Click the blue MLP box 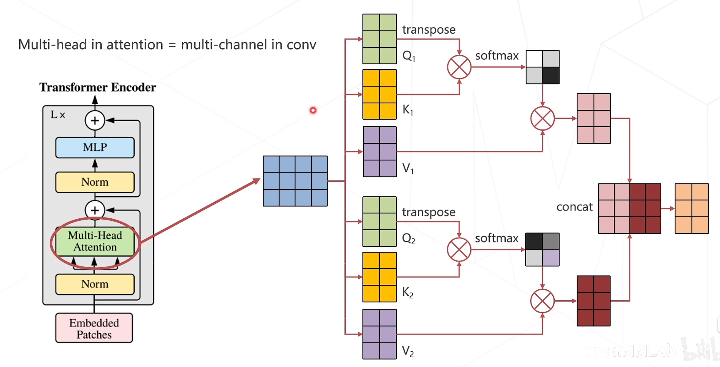tap(95, 147)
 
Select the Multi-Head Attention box tap(95, 241)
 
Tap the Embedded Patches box tap(94, 328)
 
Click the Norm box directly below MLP tap(95, 182)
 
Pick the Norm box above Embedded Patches tap(95, 284)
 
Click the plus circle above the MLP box tap(95, 120)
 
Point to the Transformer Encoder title tap(98, 87)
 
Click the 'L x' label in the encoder tap(58, 115)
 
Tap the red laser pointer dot tap(313, 110)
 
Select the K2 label tap(408, 293)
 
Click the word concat tap(574, 207)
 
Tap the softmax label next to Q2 tap(497, 238)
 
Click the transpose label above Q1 tap(429, 30)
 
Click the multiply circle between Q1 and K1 tap(459, 67)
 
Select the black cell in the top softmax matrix tap(551, 76)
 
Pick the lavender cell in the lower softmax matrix tap(551, 258)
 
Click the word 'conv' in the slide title tap(301, 45)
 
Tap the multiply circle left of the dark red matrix tap(542, 301)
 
